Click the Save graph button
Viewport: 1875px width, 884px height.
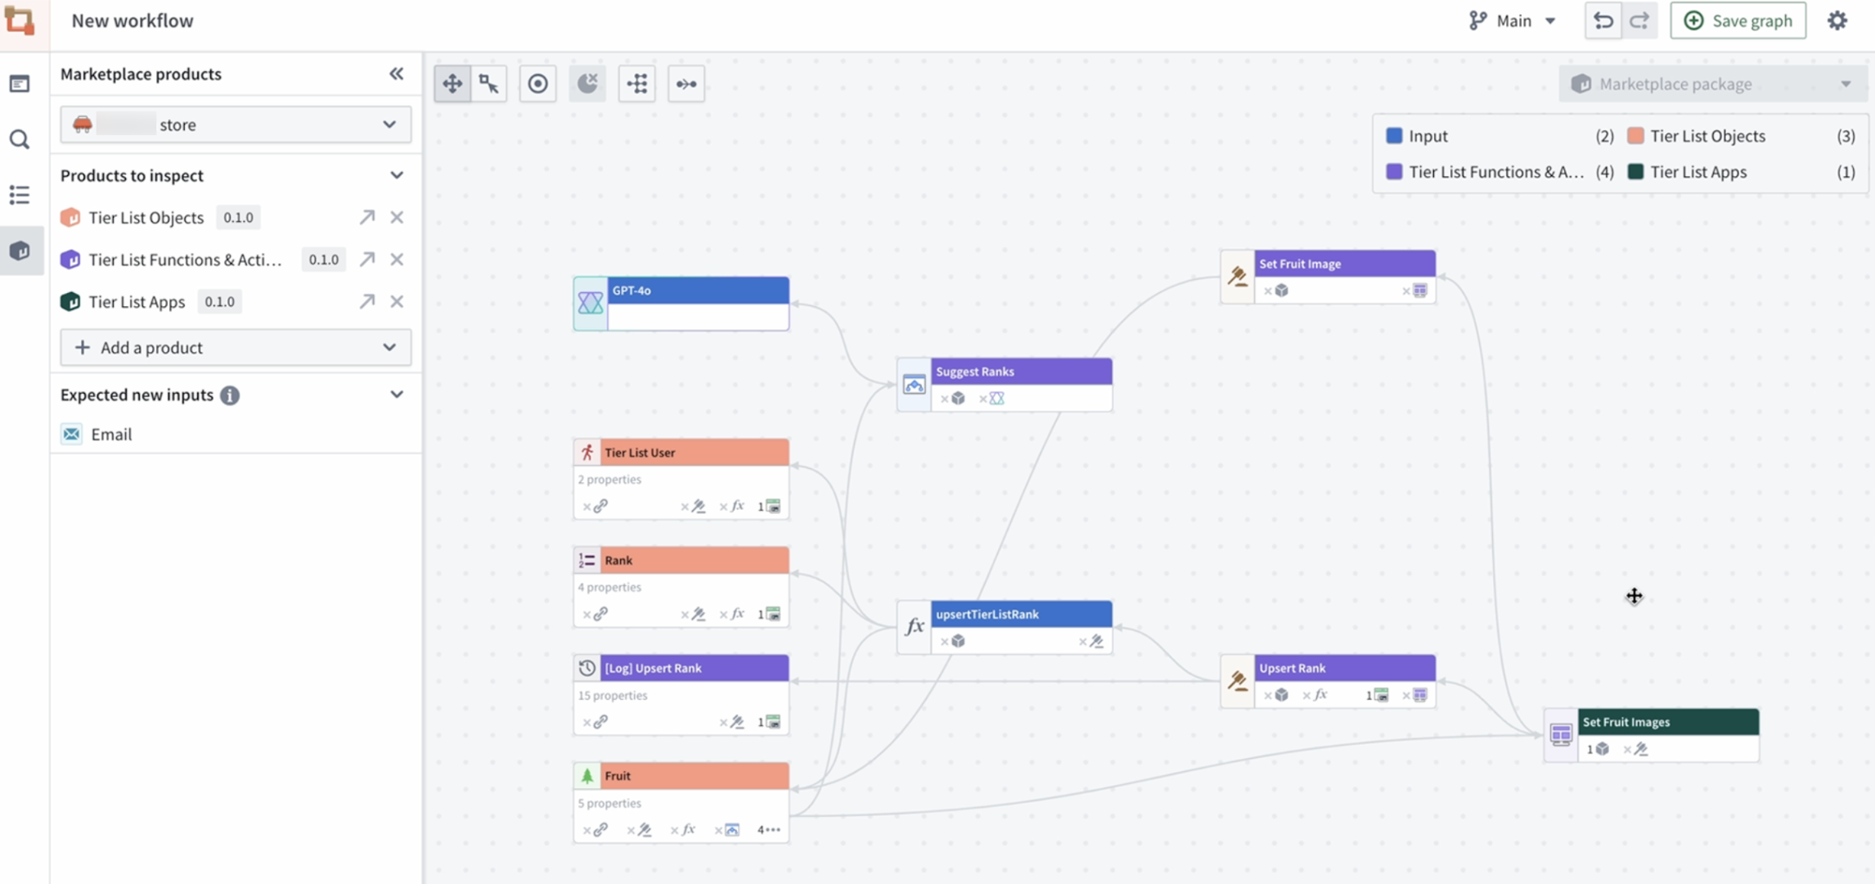pyautogui.click(x=1738, y=20)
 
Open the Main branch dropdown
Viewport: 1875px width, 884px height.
pyautogui.click(x=1513, y=20)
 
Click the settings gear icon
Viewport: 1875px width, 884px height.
pyautogui.click(x=1837, y=20)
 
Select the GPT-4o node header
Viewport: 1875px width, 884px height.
pyautogui.click(x=697, y=291)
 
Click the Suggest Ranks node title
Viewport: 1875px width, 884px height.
pyautogui.click(x=974, y=372)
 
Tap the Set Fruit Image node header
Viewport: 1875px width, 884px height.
pyautogui.click(x=1344, y=264)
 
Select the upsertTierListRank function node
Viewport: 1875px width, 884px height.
pyautogui.click(x=1020, y=615)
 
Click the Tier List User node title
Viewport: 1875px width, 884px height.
pyautogui.click(x=640, y=453)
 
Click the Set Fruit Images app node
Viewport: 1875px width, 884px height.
pyautogui.click(x=1667, y=722)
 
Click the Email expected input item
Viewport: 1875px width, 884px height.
pyautogui.click(x=111, y=435)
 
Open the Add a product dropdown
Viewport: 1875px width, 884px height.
pyautogui.click(x=236, y=348)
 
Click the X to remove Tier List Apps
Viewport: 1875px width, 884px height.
pyautogui.click(x=397, y=302)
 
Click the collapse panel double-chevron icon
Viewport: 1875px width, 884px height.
pyautogui.click(x=397, y=74)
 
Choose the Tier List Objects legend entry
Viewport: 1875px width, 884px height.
pyautogui.click(x=1706, y=136)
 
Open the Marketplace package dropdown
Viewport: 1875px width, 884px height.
pyautogui.click(x=1713, y=84)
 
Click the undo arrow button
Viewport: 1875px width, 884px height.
pyautogui.click(x=1603, y=20)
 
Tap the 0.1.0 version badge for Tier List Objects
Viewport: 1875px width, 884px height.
pyautogui.click(x=238, y=218)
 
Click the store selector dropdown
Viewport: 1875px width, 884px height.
pyautogui.click(x=236, y=124)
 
